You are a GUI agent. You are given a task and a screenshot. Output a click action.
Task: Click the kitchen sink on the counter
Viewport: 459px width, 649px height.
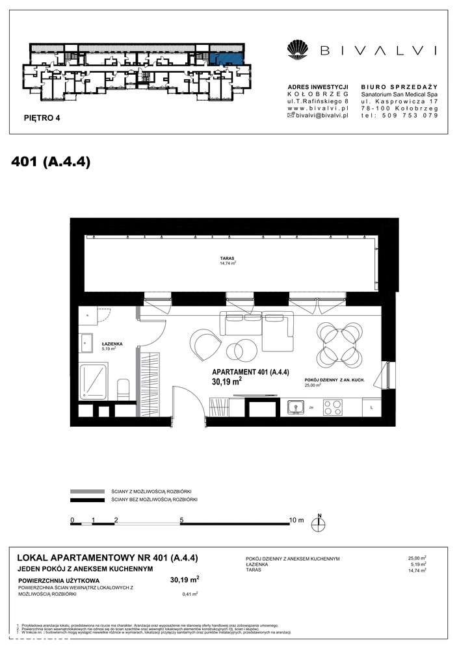coord(297,408)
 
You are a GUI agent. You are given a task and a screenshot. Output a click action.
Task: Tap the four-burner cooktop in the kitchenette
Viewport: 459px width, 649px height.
coord(332,408)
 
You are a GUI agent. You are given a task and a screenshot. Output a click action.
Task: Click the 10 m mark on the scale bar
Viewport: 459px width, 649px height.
coord(296,520)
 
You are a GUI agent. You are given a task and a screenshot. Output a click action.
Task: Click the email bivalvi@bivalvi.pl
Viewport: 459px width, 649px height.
coord(322,115)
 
